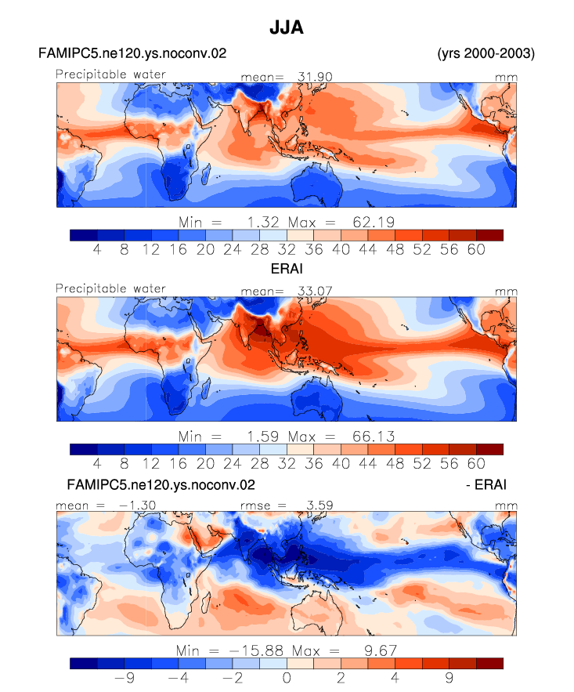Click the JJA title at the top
[287, 27]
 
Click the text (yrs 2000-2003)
[486, 53]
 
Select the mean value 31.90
[315, 77]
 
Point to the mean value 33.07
[315, 291]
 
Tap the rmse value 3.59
[319, 505]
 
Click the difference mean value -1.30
[137, 505]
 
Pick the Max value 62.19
[374, 222]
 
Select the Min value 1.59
[263, 437]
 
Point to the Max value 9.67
[381, 650]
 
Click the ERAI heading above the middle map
[287, 269]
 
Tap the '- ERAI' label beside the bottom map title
[486, 484]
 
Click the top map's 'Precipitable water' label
[110, 74]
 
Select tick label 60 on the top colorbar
[476, 249]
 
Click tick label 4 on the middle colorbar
[97, 463]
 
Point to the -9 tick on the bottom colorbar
[125, 677]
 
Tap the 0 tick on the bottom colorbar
[287, 677]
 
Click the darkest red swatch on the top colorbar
[489, 235]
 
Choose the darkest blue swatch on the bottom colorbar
[83, 663]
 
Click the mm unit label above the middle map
[506, 292]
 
